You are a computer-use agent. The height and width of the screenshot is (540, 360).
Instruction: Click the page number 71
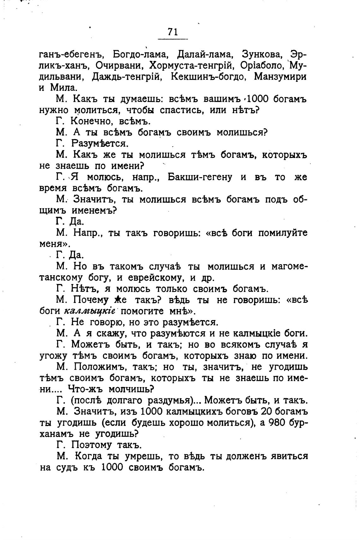tap(173, 32)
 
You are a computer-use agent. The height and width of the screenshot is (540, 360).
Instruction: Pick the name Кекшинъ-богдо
tap(208, 77)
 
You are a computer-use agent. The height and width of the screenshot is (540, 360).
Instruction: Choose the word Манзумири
tap(280, 77)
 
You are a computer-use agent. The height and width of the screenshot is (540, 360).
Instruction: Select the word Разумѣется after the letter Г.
tap(100, 144)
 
